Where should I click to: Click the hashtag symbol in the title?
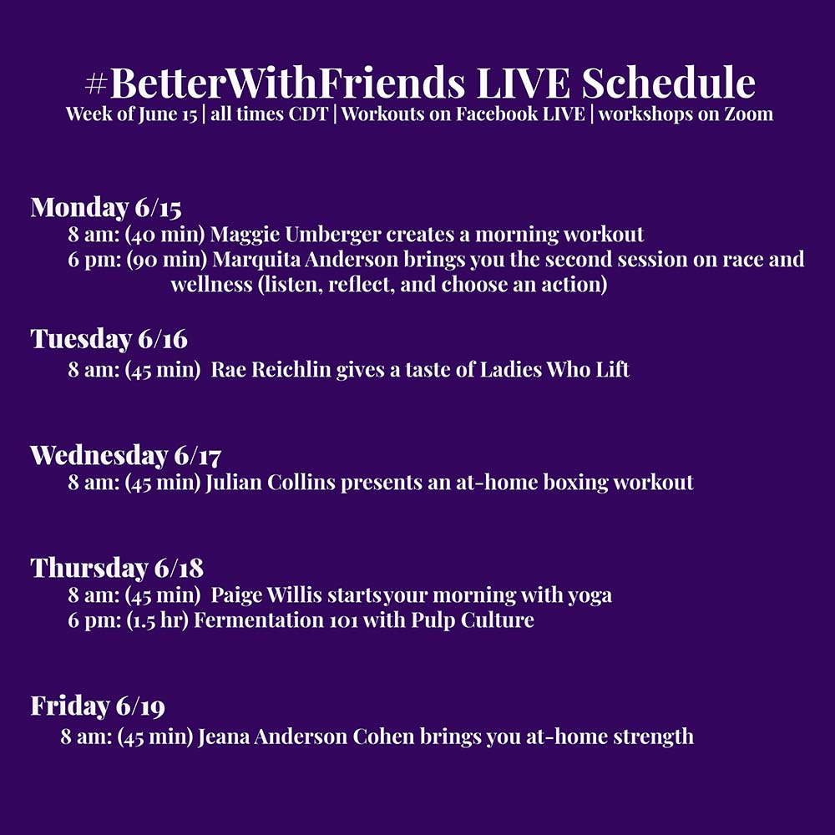pos(96,83)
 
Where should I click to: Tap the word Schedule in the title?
pos(668,83)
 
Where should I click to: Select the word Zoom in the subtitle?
pos(748,114)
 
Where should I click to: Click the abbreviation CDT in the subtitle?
pos(306,114)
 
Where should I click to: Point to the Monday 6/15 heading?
pos(106,208)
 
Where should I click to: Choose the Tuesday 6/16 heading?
pos(109,339)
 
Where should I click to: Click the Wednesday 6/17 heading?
pos(126,456)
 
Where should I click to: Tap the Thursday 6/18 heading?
pos(117,568)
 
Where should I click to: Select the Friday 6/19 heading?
pos(98,706)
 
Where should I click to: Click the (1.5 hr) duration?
pos(157,620)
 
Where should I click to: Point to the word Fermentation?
pos(258,620)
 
